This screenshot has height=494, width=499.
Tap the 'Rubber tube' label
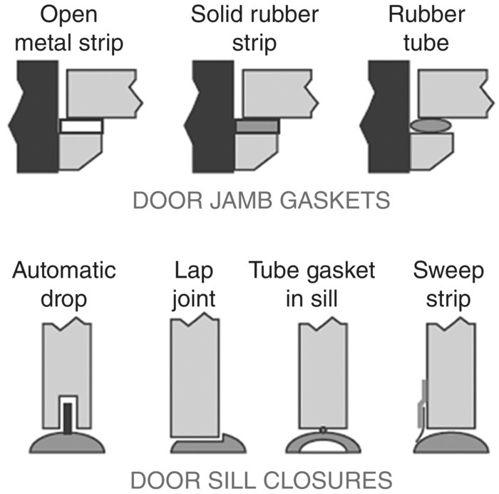coord(418,29)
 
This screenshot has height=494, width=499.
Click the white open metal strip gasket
coord(81,126)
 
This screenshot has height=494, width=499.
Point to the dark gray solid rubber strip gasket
coord(258,126)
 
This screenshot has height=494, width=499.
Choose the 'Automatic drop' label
coord(65,284)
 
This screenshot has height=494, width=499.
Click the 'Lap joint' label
coord(193,284)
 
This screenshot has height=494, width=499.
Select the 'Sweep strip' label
coord(448,284)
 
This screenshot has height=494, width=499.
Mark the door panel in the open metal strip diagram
coord(100,93)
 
